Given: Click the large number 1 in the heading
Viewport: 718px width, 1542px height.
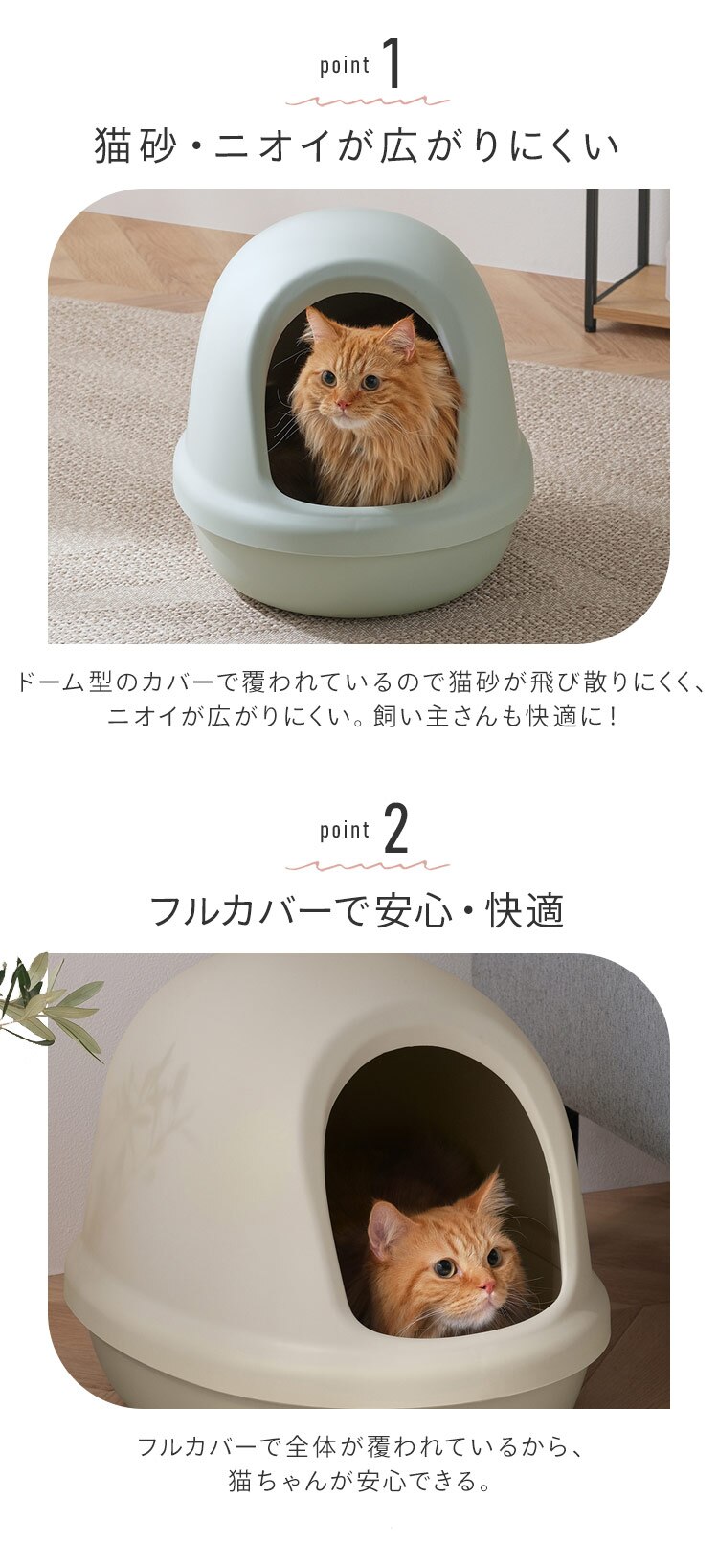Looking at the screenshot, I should tap(393, 65).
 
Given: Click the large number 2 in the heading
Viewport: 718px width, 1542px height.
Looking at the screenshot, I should tap(395, 830).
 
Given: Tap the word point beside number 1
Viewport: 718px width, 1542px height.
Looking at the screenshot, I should tap(345, 66).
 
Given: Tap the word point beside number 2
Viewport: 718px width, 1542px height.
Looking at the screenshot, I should tap(345, 831).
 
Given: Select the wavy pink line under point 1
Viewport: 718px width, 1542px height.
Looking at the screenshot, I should tap(368, 101).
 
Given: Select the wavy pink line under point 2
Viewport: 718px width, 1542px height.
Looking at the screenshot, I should tap(368, 865).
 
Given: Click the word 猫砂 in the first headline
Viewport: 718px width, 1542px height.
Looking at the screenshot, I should tap(132, 146).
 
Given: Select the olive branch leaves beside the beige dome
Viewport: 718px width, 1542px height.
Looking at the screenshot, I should tap(48, 1000).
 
